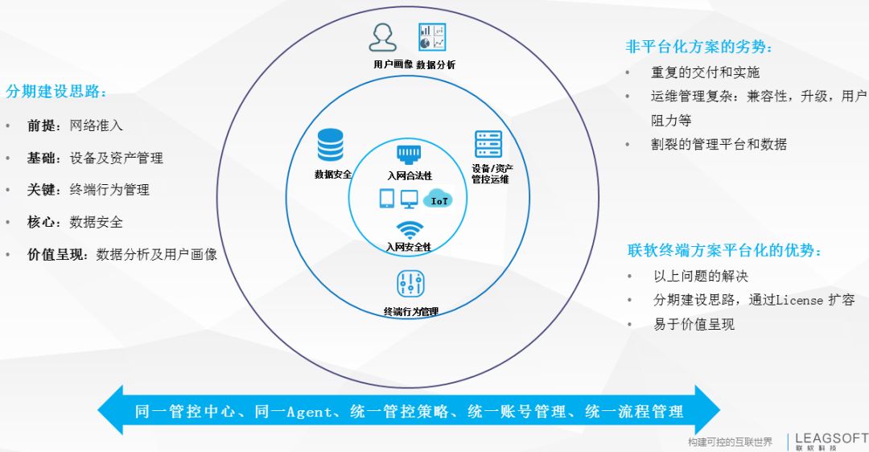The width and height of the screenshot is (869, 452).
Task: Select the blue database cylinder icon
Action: (330, 145)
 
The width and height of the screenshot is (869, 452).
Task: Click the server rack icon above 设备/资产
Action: (488, 144)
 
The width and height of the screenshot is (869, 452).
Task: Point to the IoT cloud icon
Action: (439, 199)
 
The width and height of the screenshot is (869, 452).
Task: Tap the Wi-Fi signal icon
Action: (410, 229)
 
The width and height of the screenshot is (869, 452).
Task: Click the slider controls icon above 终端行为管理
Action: (410, 284)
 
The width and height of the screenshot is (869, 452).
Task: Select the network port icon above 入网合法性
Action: (410, 154)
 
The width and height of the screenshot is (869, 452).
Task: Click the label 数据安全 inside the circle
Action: (332, 173)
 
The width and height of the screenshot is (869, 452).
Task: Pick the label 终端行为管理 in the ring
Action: (411, 312)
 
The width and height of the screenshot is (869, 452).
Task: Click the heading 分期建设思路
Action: (56, 92)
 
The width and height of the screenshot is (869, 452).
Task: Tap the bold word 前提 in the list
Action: (41, 125)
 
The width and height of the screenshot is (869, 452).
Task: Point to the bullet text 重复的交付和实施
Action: (705, 72)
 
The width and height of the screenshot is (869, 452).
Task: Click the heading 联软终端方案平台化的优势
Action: (725, 250)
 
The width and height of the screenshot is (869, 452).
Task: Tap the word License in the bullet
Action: (800, 300)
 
